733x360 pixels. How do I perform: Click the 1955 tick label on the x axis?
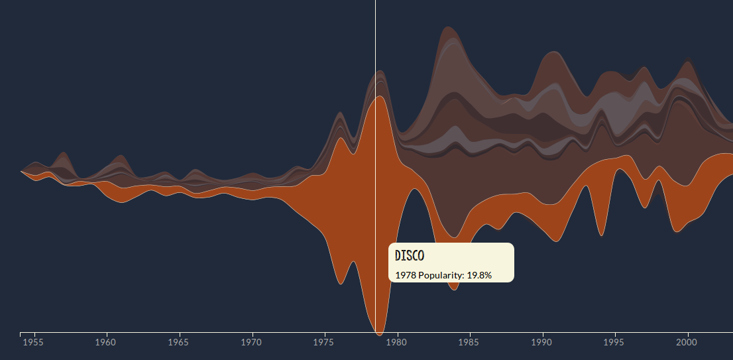click(x=33, y=343)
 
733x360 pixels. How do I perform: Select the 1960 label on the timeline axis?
click(x=106, y=343)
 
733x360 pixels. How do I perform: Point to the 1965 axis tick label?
click(x=179, y=343)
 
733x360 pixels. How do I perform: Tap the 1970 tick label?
click(x=252, y=343)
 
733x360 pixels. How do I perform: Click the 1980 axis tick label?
click(x=397, y=343)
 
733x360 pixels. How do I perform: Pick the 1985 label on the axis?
click(x=470, y=343)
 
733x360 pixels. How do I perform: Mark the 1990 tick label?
click(x=543, y=343)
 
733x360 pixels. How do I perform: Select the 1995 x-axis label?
click(x=616, y=343)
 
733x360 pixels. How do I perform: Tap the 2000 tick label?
click(x=688, y=343)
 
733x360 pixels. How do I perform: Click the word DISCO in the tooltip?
click(x=410, y=256)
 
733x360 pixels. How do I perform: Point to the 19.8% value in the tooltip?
click(x=479, y=274)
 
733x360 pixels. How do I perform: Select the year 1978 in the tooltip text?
click(x=405, y=274)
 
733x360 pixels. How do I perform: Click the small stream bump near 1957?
click(x=63, y=155)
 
